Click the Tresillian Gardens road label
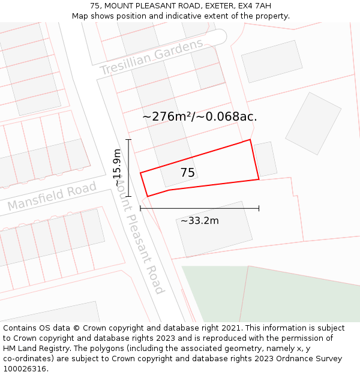[x=151, y=58]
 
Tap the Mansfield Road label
[x=52, y=197]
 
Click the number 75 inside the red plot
[x=188, y=173]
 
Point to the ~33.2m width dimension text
[x=200, y=221]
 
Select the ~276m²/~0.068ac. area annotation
[x=200, y=116]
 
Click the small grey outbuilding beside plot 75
[x=265, y=159]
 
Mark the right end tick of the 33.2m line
[x=259, y=208]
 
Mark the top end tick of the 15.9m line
[x=128, y=140]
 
